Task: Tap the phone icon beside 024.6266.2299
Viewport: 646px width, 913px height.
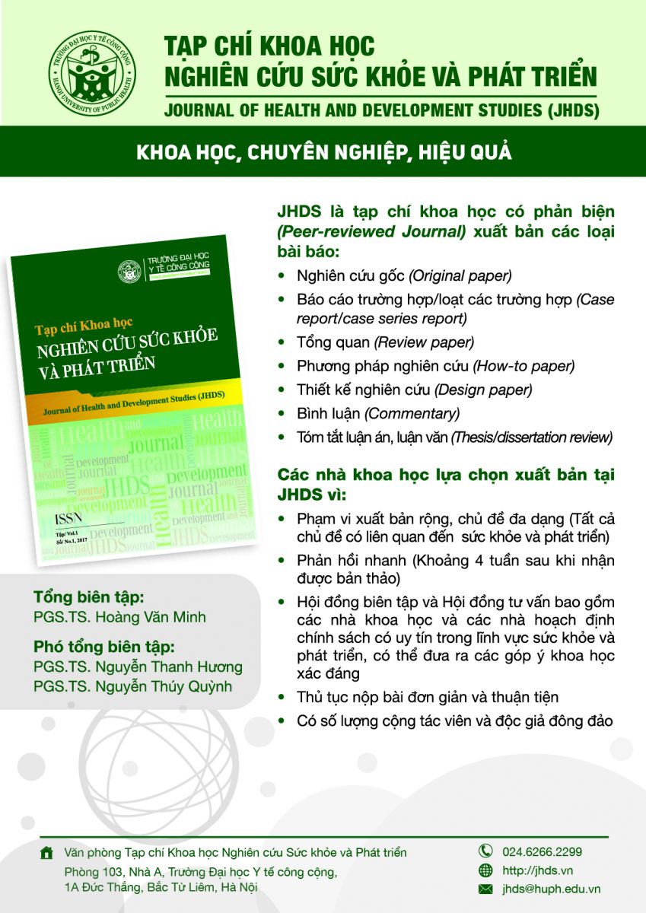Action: pos(485,851)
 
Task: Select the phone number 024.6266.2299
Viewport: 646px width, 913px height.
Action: pos(542,851)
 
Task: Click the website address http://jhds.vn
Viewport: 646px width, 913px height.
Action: pos(537,870)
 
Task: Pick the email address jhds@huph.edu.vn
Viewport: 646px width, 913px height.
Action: pos(551,889)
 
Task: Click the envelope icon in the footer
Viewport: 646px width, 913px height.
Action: pos(485,889)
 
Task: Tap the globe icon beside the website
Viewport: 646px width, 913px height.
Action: pos(485,870)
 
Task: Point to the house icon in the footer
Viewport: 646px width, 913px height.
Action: pos(47,853)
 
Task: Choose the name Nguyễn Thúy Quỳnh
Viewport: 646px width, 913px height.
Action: pos(164,686)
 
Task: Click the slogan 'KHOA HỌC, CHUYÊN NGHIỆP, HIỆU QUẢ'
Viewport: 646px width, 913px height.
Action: pos(323,152)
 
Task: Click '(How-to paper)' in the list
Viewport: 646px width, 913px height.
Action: pos(523,366)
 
